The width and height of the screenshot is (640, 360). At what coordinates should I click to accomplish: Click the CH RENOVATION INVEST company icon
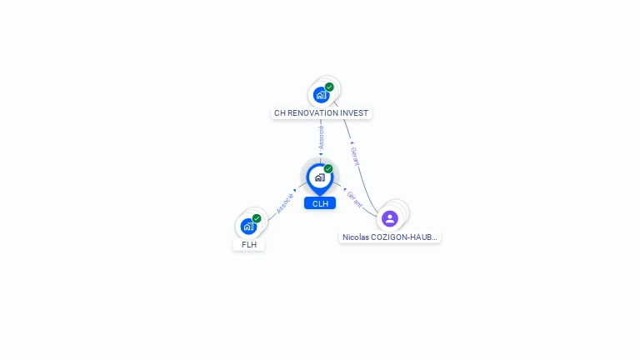321,95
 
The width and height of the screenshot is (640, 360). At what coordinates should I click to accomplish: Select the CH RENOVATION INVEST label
321,112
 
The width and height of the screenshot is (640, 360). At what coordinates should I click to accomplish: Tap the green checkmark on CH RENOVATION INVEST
329,87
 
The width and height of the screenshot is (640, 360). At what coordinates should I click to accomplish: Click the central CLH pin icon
319,177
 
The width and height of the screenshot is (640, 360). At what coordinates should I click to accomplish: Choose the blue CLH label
320,203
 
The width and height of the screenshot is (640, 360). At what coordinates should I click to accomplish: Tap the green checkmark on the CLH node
328,169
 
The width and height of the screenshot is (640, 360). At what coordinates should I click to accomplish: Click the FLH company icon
248,226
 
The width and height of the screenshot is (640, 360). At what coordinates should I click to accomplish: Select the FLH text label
248,245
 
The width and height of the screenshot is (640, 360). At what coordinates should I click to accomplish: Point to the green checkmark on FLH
257,218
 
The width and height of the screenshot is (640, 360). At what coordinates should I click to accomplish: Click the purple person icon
390,218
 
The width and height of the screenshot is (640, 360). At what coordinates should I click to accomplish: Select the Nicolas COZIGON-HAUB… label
390,237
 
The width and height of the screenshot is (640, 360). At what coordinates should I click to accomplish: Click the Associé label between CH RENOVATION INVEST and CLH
321,137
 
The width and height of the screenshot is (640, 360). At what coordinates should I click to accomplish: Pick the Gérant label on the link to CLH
354,198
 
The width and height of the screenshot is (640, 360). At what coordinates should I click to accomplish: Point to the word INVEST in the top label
354,112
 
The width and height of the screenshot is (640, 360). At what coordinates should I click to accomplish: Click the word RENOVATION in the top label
313,112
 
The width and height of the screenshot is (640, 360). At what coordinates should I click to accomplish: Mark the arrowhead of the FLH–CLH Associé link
295,191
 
